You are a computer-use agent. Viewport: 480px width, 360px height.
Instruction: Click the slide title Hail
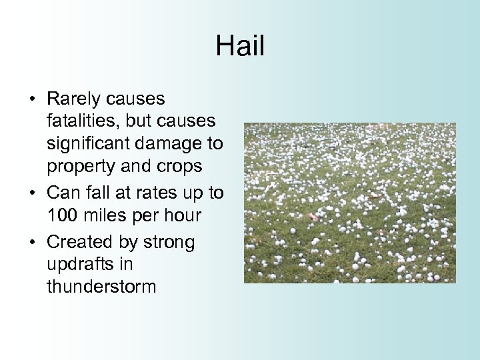(x=240, y=46)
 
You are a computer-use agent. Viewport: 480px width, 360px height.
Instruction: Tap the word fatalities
(x=81, y=121)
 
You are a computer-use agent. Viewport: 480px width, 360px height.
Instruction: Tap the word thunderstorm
(x=101, y=287)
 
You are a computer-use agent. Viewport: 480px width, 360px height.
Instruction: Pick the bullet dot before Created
(x=32, y=242)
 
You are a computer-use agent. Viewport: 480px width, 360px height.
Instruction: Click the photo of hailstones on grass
(x=350, y=203)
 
